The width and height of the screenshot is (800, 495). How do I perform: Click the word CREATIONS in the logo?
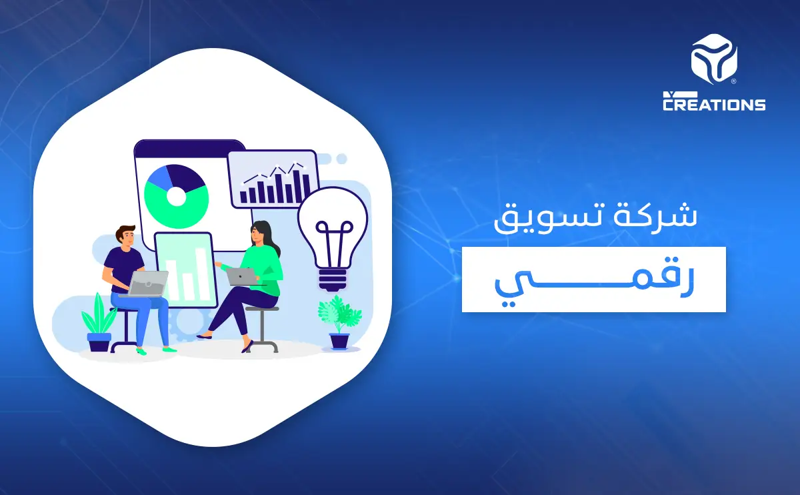[714, 104]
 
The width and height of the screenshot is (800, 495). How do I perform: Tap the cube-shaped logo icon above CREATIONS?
[714, 62]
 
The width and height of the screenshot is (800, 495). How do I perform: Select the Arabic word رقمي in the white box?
[593, 280]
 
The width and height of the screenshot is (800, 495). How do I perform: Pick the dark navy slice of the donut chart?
[191, 176]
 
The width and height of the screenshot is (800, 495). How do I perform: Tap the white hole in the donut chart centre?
[176, 196]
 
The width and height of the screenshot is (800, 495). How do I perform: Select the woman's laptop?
[241, 276]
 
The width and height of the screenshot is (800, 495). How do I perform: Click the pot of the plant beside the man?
[99, 342]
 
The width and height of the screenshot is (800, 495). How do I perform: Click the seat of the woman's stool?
[261, 309]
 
